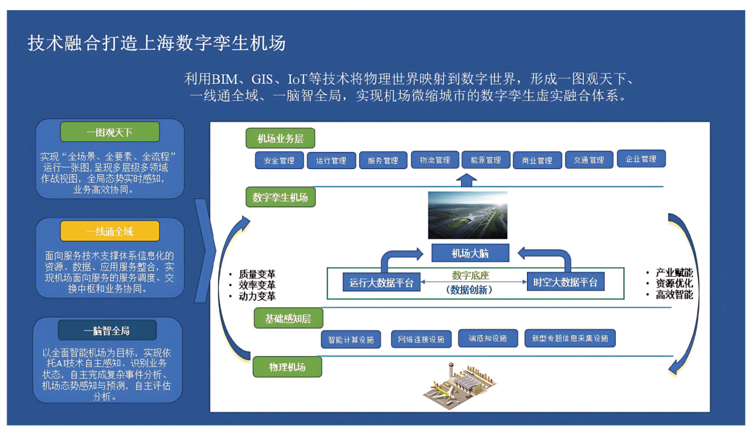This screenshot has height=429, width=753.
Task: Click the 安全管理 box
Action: click(x=279, y=160)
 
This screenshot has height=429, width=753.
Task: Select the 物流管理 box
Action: click(x=434, y=160)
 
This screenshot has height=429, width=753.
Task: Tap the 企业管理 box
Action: click(x=641, y=158)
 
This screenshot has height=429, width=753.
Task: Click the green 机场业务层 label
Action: click(x=280, y=138)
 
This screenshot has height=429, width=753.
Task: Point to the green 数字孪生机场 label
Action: click(x=280, y=197)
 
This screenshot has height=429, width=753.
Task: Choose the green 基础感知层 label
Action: click(x=288, y=319)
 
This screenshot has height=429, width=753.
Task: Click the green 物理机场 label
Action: click(x=287, y=367)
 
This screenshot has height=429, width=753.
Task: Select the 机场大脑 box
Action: click(x=469, y=253)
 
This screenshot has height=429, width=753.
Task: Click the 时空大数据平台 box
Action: click(x=565, y=282)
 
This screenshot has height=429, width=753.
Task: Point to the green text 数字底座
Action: click(x=470, y=275)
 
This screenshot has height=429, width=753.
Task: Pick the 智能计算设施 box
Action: click(x=351, y=339)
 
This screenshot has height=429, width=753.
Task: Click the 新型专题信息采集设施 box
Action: click(x=570, y=338)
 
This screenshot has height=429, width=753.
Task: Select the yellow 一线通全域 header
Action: click(x=110, y=231)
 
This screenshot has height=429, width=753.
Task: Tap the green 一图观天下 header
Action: click(x=110, y=132)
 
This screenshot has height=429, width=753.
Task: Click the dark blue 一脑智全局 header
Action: click(x=107, y=331)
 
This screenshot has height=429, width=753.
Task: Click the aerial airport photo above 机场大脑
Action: click(x=468, y=214)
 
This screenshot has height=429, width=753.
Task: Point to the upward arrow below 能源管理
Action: click(x=468, y=180)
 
